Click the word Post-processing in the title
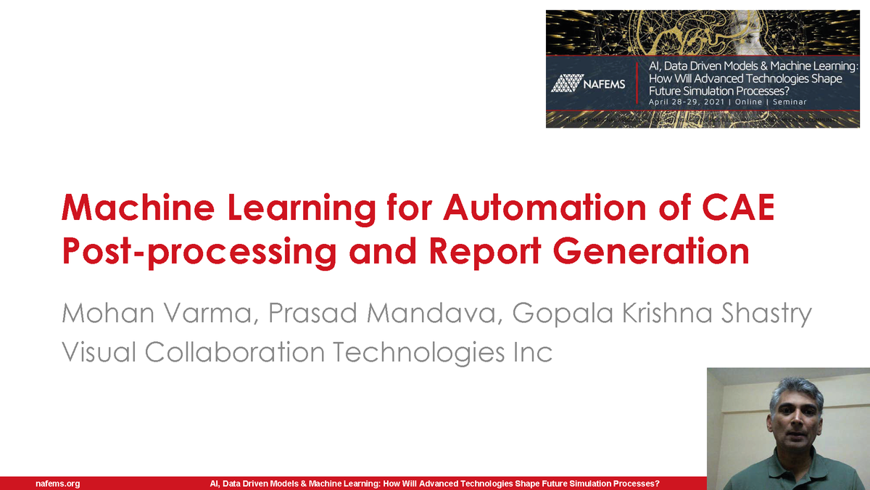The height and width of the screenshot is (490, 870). (199, 251)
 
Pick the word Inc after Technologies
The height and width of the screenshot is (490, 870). (528, 352)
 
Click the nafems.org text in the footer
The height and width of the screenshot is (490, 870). (57, 483)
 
